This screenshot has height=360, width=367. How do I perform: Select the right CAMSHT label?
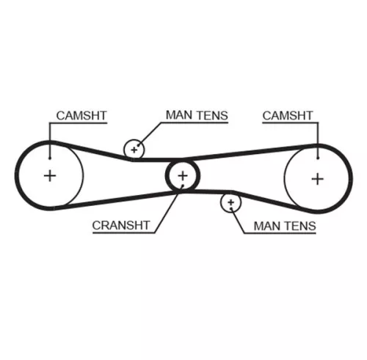tap(287, 115)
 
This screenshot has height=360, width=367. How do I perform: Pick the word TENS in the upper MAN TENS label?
tap(212, 115)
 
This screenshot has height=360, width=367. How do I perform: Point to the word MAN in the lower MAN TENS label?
tap(268, 226)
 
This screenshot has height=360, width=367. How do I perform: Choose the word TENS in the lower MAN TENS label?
tap(300, 226)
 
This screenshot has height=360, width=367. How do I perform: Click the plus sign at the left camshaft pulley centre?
tap(49, 176)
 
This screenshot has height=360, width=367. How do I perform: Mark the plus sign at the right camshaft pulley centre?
tap(316, 177)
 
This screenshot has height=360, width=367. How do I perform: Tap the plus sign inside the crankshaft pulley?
tap(182, 176)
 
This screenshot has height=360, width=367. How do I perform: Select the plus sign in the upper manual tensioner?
tap(134, 149)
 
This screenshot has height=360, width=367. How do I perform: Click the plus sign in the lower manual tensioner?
tap(231, 201)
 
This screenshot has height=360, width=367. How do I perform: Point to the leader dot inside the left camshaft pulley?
tap(48, 155)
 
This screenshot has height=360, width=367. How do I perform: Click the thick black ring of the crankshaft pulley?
tap(169, 176)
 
